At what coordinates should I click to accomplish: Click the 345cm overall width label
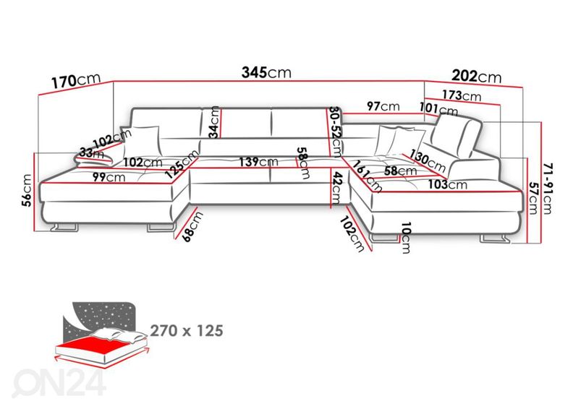tap(266, 72)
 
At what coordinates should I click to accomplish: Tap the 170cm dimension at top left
tap(76, 81)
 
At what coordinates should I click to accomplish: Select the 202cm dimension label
tap(477, 76)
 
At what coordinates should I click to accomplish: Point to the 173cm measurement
tap(462, 95)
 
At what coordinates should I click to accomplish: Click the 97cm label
tap(383, 106)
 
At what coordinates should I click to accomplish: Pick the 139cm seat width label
tap(258, 162)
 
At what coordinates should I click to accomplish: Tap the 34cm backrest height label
tap(214, 122)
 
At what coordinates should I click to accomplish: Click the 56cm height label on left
tap(27, 191)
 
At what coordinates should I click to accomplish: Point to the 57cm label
tap(533, 198)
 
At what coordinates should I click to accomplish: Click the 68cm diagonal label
tap(192, 227)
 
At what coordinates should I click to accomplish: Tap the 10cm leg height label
tap(406, 238)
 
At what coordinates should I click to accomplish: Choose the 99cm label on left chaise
tap(109, 177)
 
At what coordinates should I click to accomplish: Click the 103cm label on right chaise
tap(448, 184)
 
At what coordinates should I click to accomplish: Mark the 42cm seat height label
tap(336, 188)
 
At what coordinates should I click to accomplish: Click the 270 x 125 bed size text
tap(187, 330)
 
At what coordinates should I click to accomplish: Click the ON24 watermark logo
tap(59, 382)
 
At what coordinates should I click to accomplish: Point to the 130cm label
tap(427, 161)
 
